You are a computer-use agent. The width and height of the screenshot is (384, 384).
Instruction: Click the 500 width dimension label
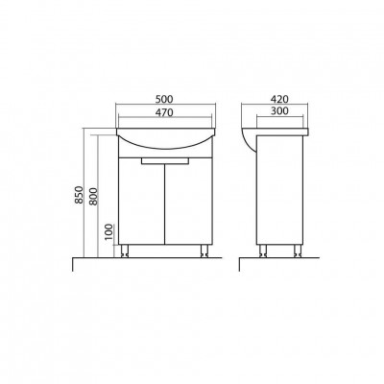pos(164,99)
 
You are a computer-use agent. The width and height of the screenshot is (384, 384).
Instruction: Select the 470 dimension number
pos(164,112)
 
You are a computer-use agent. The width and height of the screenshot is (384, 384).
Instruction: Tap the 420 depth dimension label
pos(279,99)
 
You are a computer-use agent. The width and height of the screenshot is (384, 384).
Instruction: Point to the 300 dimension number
pos(279,111)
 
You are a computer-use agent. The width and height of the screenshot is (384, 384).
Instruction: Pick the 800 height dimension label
pos(92,197)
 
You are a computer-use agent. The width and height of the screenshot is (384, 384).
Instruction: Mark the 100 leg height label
pos(108,232)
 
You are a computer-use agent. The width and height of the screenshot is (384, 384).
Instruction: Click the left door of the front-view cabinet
pos(141,202)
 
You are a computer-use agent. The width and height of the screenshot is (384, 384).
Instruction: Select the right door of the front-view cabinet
pos(188,202)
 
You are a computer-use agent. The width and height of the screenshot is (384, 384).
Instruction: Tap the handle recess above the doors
pos(165,160)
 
